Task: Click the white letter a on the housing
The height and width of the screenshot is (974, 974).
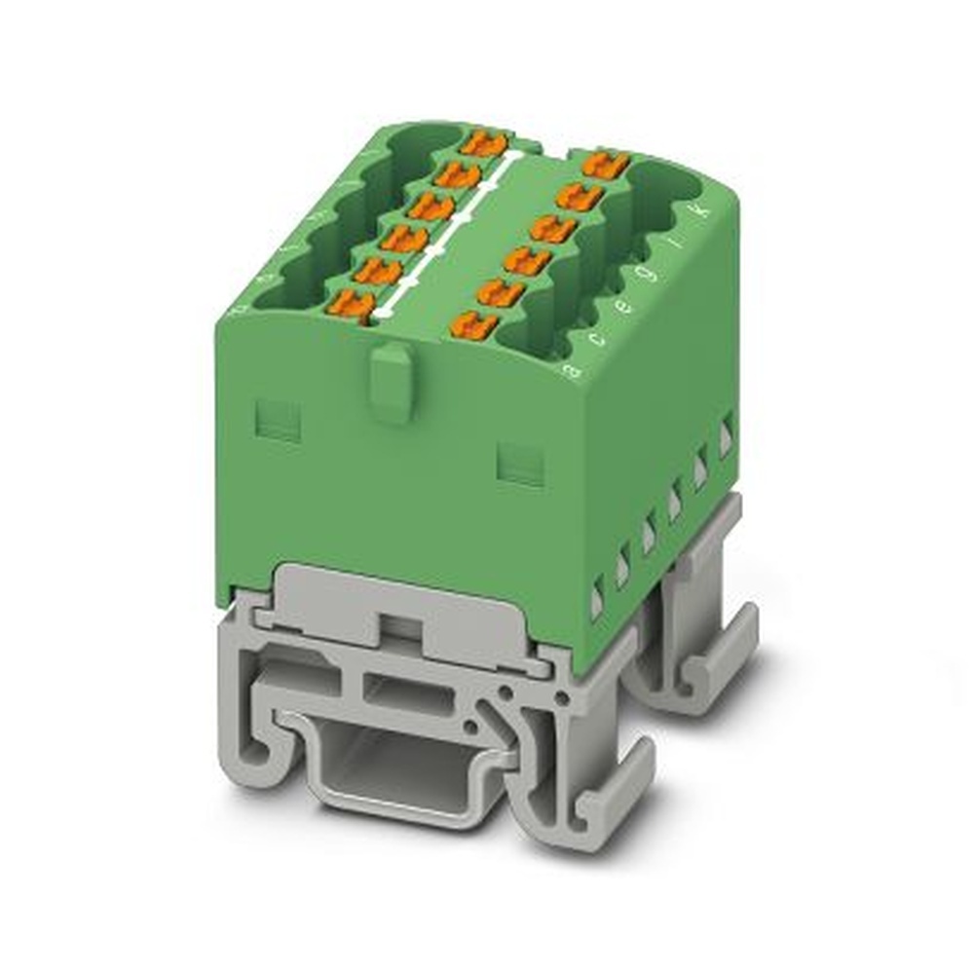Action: [x=576, y=369]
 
